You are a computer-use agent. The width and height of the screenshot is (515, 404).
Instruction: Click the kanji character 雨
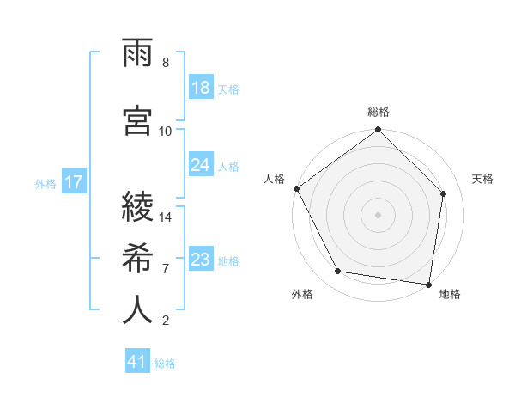pyautogui.click(x=137, y=55)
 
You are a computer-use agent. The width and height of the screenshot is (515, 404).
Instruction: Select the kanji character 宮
pyautogui.click(x=137, y=119)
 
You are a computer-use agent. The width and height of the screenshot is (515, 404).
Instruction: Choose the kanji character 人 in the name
pyautogui.click(x=137, y=309)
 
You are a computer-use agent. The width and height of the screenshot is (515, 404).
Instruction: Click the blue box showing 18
pyautogui.click(x=201, y=87)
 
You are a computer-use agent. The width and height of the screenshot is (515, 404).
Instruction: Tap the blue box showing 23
pyautogui.click(x=201, y=259)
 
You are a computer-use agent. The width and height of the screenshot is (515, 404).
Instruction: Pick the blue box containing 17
pyautogui.click(x=74, y=182)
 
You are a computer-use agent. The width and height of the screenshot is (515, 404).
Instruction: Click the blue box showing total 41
pyautogui.click(x=137, y=362)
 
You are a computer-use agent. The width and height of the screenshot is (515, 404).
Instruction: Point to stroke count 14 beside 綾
pyautogui.click(x=166, y=217)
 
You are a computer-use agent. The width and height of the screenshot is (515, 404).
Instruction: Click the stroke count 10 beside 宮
pyautogui.click(x=166, y=131)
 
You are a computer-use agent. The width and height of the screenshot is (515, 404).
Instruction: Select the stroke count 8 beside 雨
pyautogui.click(x=166, y=63)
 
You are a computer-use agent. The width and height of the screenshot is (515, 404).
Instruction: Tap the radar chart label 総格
pyautogui.click(x=379, y=112)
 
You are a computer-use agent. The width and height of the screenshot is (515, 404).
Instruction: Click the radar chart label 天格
pyautogui.click(x=483, y=179)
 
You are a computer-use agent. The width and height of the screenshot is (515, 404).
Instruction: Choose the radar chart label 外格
pyautogui.click(x=302, y=294)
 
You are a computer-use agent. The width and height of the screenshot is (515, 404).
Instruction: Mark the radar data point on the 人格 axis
pyautogui.click(x=296, y=188)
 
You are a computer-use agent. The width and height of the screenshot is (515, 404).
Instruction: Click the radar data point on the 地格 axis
pyautogui.click(x=428, y=284)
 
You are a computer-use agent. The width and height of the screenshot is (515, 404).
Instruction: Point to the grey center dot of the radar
pyautogui.click(x=379, y=214)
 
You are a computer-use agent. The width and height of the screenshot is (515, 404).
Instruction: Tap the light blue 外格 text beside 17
pyautogui.click(x=45, y=183)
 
